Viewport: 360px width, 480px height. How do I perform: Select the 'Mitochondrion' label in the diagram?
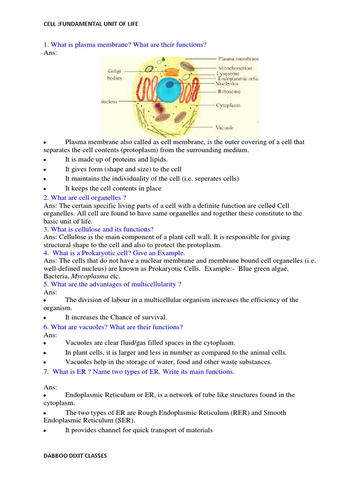tap(238, 67)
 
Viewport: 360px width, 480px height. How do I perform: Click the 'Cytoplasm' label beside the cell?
tap(228, 105)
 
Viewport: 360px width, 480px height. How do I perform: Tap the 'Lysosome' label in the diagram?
tap(229, 74)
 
